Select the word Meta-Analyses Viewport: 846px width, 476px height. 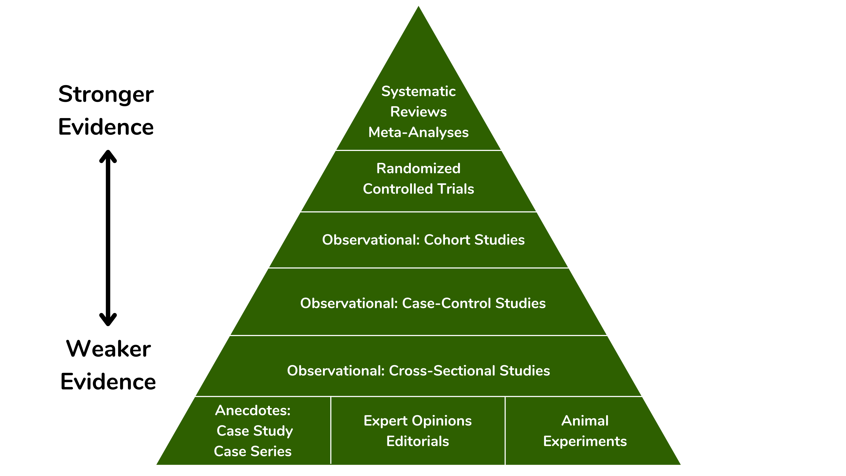418,132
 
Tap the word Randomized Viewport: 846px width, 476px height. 418,169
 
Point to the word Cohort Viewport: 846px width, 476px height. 447,240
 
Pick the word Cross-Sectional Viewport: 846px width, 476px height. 442,370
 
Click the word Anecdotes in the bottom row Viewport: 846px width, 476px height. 252,410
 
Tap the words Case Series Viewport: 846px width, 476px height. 252,451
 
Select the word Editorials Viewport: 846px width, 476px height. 417,441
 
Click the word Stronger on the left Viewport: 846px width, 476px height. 106,95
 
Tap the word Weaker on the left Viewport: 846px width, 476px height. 108,349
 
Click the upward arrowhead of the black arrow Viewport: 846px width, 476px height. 108,155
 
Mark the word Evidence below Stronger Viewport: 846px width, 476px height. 106,127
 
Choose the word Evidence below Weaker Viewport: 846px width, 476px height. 108,382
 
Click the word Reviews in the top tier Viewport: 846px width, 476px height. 418,112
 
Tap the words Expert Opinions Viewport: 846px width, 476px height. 417,421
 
